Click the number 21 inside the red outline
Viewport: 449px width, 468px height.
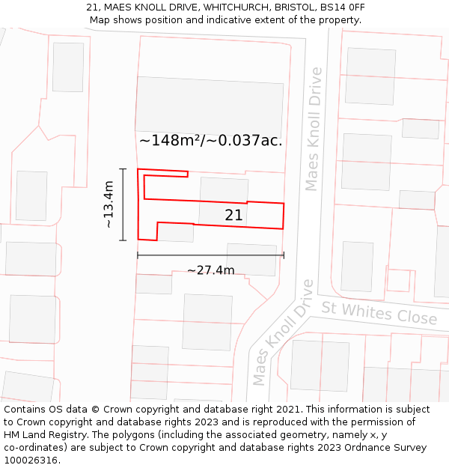233,215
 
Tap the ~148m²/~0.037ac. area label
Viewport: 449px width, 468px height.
211,140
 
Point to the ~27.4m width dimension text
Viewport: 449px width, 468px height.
210,270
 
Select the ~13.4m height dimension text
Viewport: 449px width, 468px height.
109,204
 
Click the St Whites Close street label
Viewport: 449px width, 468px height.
379,312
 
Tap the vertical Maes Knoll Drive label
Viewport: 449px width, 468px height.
314,129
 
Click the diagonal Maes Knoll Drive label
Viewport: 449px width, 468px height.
282,332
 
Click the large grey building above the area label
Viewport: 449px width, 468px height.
210,104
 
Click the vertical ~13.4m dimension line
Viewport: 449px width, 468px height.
123,204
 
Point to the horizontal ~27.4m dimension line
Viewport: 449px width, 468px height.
210,255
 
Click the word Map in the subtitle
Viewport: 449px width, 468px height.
100,20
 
